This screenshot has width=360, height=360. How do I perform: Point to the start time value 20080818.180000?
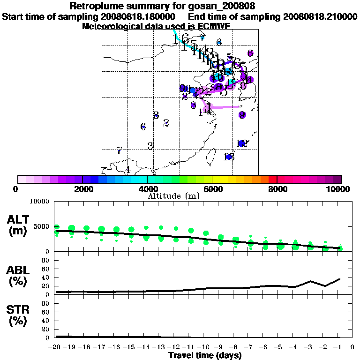139,16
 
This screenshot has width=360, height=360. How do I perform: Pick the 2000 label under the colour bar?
82,189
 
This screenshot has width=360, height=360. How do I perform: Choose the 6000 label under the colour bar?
212,189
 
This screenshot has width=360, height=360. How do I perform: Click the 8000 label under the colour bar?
277,189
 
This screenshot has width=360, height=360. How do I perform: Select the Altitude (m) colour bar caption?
174,196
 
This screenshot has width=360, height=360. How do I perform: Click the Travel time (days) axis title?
205,356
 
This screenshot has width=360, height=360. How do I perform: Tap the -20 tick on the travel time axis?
56,347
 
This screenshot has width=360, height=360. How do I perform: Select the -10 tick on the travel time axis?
205,347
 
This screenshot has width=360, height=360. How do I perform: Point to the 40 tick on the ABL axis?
46,278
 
